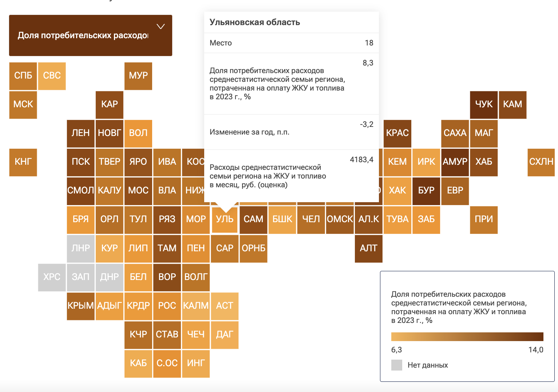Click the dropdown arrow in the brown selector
click(161, 27)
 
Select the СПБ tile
click(23, 76)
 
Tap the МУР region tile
click(138, 76)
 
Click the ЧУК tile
click(484, 104)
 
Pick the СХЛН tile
click(541, 162)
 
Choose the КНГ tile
click(23, 162)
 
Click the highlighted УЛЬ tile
click(225, 219)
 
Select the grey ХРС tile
click(52, 277)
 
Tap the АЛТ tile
click(368, 248)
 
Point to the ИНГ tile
click(196, 363)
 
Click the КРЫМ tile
click(80, 306)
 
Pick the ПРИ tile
click(484, 219)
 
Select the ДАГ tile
click(225, 335)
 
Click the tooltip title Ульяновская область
click(255, 22)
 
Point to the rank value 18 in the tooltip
click(369, 43)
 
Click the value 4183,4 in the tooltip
click(361, 160)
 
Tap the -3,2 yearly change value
click(367, 124)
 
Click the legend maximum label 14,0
click(536, 350)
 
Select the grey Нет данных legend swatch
click(397, 365)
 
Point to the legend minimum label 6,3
click(396, 350)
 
